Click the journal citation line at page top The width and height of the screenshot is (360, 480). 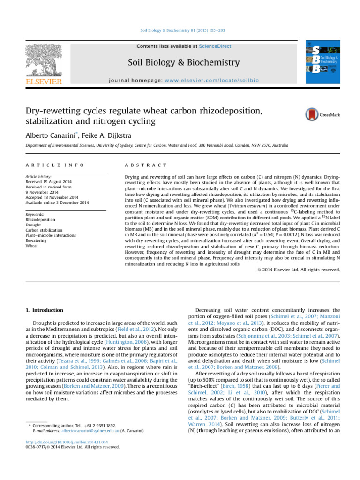pos(180,31)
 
